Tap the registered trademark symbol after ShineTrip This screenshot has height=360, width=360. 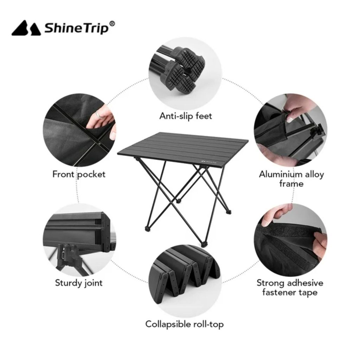[x=112, y=24]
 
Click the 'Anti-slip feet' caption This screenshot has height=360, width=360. [x=186, y=116]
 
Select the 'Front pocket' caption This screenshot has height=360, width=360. [x=79, y=174]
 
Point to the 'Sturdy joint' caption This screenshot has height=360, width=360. [x=79, y=283]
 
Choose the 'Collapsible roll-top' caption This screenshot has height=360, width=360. [x=184, y=324]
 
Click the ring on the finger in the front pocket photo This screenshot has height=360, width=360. [x=99, y=114]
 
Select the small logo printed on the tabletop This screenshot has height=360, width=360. [x=209, y=161]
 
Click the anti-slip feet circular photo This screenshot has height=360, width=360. [x=185, y=73]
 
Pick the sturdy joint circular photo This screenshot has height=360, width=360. [x=79, y=240]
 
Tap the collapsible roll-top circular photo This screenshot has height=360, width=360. [x=185, y=281]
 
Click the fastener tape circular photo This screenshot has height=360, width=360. [x=291, y=240]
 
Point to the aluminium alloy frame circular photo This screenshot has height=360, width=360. [x=291, y=130]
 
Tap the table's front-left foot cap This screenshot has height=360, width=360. [x=147, y=229]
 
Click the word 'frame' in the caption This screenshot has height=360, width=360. [x=291, y=184]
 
